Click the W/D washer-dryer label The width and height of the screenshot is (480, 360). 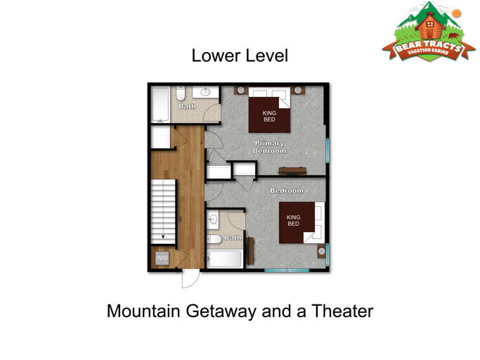(x=162, y=258)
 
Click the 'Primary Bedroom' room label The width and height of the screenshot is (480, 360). (x=270, y=147)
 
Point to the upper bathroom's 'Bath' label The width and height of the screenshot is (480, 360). (x=187, y=106)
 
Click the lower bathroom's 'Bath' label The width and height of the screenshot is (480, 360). (x=233, y=238)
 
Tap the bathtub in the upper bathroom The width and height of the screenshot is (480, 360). (x=160, y=105)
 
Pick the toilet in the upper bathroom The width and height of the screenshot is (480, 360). (x=181, y=94)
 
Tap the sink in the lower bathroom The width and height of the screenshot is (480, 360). (x=214, y=219)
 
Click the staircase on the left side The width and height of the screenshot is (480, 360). (x=163, y=210)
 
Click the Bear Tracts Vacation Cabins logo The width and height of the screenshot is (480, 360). (x=424, y=33)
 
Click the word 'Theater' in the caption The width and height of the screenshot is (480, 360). (x=339, y=310)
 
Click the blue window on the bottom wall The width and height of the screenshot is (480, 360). (x=287, y=271)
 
